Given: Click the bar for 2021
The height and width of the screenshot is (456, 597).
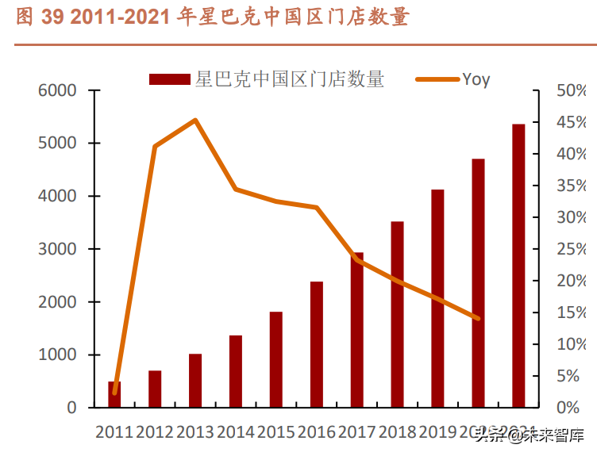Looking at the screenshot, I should [x=518, y=266].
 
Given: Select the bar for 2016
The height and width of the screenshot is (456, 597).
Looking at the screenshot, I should [x=317, y=344].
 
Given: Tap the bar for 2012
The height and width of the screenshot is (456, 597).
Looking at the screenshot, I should [x=155, y=389].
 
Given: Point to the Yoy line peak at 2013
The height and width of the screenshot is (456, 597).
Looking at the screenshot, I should [x=195, y=120].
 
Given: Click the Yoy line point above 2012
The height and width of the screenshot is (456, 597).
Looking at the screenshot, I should [x=155, y=147].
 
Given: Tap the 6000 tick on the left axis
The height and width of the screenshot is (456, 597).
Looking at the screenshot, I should [x=60, y=90].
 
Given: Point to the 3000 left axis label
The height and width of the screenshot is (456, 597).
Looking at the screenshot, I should [x=60, y=249].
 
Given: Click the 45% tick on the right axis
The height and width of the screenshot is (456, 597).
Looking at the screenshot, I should [x=571, y=122].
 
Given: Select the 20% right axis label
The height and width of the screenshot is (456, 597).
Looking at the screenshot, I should [x=571, y=281].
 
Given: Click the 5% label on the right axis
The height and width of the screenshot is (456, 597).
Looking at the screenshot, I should [x=575, y=376].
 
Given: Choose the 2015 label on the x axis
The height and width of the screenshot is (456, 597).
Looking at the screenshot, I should [x=276, y=432].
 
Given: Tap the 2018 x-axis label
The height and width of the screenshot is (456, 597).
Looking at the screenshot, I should [x=398, y=432].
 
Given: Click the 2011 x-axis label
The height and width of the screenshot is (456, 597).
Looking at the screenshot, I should [x=114, y=432].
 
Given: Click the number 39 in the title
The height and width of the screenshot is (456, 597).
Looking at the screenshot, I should [x=52, y=17].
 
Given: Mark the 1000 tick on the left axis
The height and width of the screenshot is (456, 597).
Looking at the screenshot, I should [x=60, y=354].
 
